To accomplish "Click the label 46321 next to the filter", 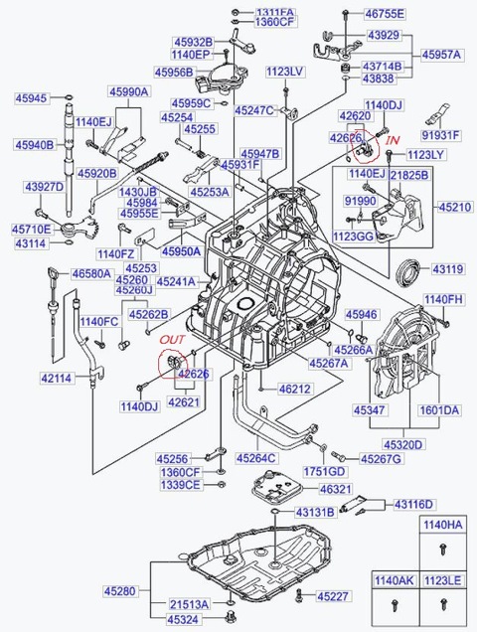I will pos(336,490).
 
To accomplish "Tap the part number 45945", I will pos(31,98).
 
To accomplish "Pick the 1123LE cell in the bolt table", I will pos(441,579).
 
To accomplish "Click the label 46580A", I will pos(90,273).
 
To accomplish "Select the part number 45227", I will pos(334,596).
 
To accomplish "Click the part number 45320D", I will pos(402,445).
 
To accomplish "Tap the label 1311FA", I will pos(275,12).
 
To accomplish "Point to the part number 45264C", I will pos(256,458).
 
